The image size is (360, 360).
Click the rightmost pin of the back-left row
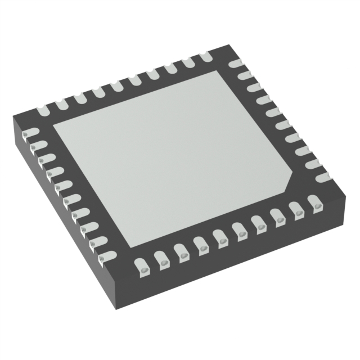pyautogui.click(x=204, y=56)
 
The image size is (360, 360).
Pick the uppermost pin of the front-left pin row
pyautogui.click(x=31, y=134)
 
